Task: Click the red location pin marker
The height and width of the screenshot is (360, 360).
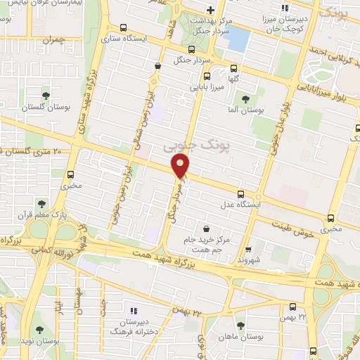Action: (x=180, y=165)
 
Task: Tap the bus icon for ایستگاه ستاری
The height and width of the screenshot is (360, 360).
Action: (x=123, y=29)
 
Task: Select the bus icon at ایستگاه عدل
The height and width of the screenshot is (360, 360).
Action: (x=241, y=194)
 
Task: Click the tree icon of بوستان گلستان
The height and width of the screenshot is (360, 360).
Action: (x=46, y=96)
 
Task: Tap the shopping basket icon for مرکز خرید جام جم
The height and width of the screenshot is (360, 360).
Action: (x=205, y=228)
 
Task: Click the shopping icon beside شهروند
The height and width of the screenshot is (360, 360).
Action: (x=247, y=249)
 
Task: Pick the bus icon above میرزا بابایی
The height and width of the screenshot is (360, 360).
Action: (x=206, y=77)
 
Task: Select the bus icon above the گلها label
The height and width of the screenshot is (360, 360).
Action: (x=233, y=68)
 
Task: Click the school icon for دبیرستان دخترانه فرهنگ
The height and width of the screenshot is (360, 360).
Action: (x=132, y=310)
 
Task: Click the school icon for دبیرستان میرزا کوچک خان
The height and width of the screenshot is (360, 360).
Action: (x=284, y=8)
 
